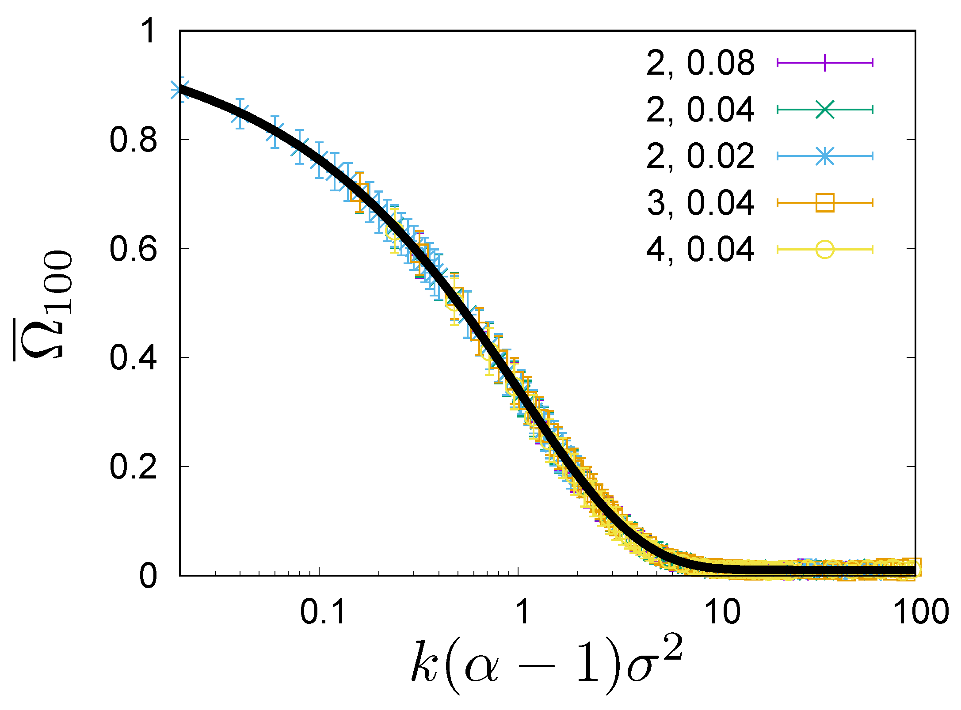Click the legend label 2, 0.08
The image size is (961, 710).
700,63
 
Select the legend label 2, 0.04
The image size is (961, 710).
700,110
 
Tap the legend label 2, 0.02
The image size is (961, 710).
700,156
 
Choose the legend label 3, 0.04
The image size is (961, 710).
700,203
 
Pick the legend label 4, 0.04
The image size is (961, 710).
700,250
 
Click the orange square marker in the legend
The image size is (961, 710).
825,203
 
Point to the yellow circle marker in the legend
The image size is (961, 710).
825,250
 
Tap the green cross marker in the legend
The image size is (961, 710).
825,110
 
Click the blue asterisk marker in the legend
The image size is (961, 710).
825,156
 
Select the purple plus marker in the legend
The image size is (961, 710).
825,63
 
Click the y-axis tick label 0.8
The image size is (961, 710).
133,140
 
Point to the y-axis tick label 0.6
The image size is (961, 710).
133,249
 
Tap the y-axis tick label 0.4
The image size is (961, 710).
133,357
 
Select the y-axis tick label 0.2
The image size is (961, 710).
133,467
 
